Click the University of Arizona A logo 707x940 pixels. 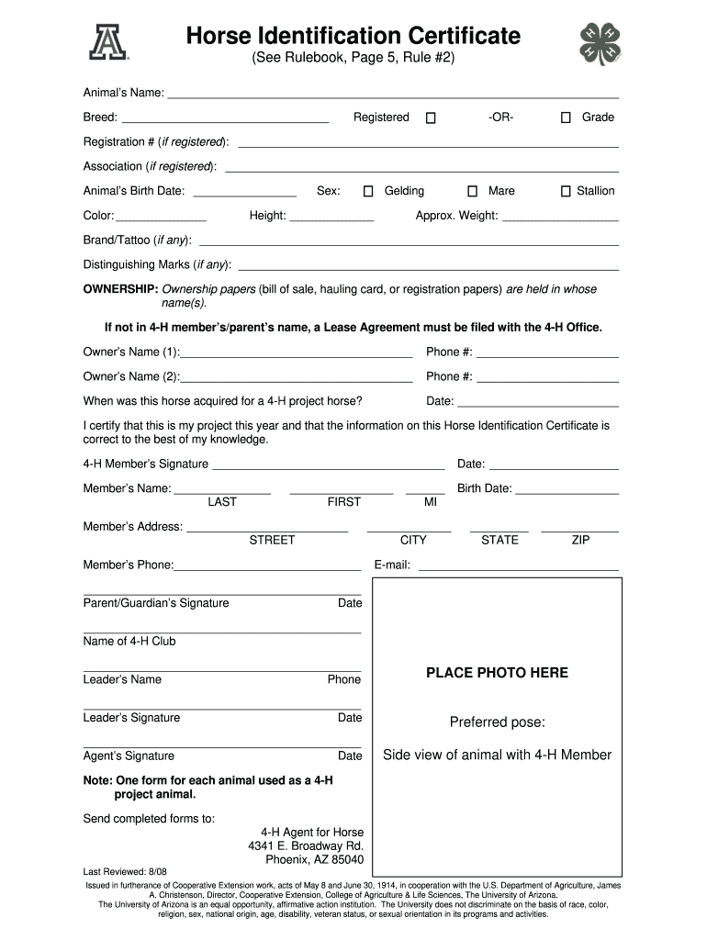[108, 41]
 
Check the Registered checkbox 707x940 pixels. [431, 117]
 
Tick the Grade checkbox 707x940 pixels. [566, 117]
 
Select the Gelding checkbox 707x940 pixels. [368, 191]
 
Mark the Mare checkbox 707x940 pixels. [473, 191]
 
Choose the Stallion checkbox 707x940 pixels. [566, 191]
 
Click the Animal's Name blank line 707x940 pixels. [392, 95]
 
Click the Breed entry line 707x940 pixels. [225, 119]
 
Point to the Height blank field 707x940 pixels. [331, 218]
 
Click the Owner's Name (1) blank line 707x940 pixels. [297, 353]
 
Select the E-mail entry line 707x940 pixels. [518, 567]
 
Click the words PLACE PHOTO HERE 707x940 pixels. [497, 673]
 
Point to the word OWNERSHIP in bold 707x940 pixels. [120, 289]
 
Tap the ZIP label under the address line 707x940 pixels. [580, 540]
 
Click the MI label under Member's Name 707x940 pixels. [430, 502]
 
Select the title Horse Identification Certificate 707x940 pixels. [353, 37]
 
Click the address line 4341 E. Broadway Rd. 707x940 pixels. [306, 845]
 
